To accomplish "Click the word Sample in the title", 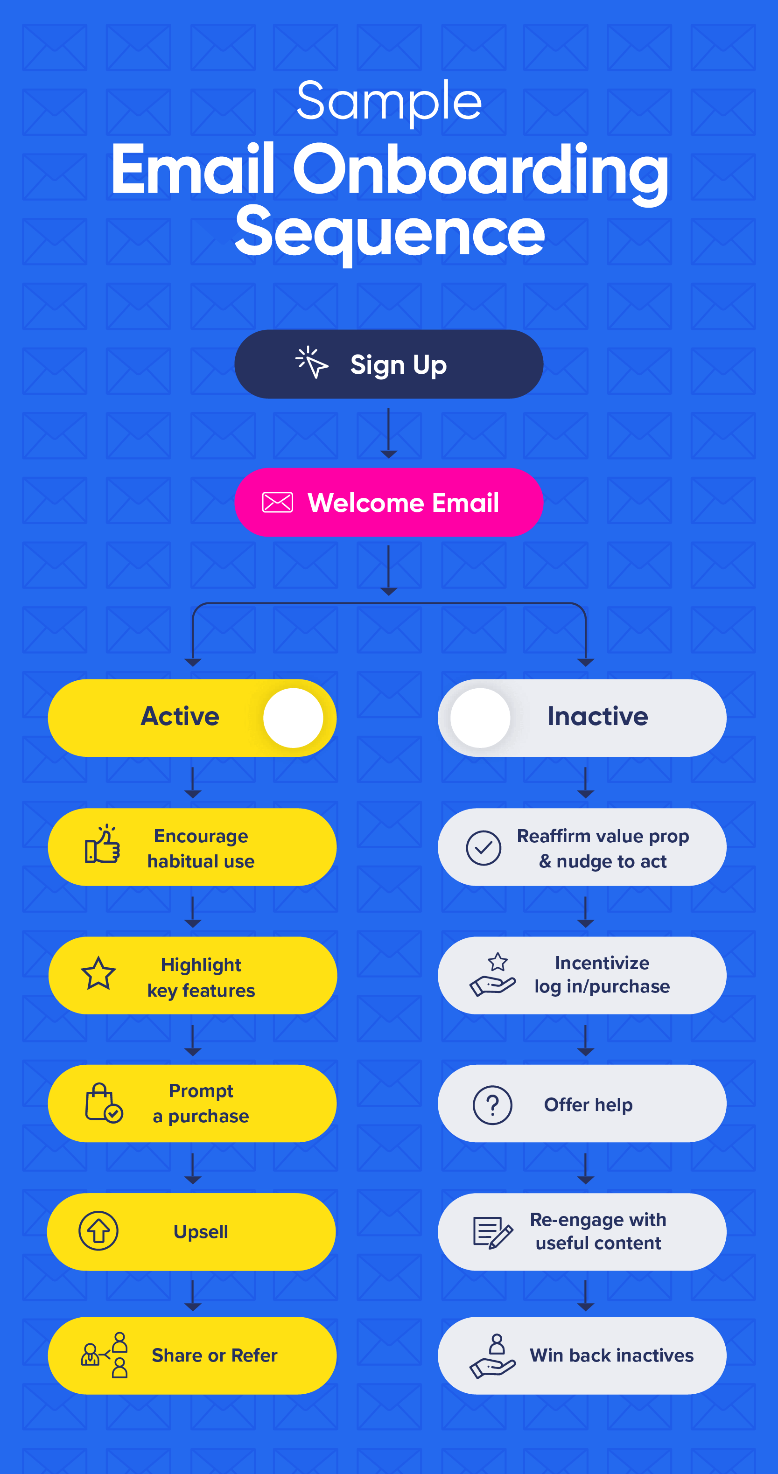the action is (389, 102).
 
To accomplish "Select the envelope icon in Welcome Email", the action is (278, 503).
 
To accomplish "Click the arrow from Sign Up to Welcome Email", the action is (389, 433).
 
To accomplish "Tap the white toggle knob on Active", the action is (293, 718).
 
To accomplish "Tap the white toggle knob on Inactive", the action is (480, 718).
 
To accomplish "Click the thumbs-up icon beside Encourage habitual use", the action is (103, 845).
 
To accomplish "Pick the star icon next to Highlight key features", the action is (98, 973).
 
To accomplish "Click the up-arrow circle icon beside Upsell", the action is (98, 1231).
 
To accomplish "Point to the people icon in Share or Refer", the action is (104, 1355).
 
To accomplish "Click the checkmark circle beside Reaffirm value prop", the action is (484, 847).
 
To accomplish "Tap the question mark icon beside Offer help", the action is (492, 1105).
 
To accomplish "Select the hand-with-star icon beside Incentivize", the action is (492, 974).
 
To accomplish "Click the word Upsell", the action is (201, 1232).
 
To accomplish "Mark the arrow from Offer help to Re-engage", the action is (585, 1168).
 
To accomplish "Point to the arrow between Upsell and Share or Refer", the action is (193, 1295).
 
